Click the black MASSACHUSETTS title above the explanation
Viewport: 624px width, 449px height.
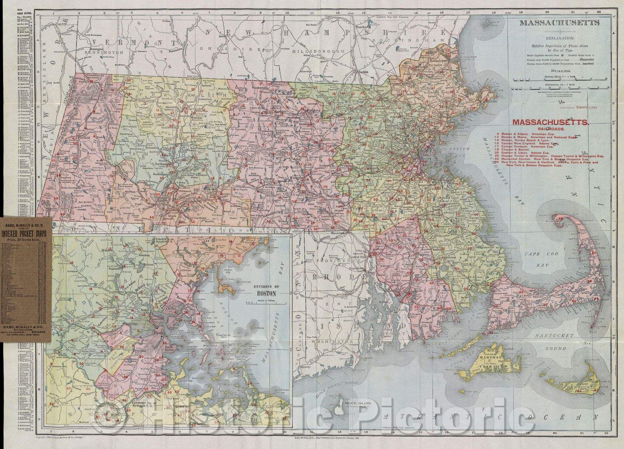(558, 23)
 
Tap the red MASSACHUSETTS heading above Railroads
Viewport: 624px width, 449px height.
(550, 122)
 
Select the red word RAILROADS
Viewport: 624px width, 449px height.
(550, 128)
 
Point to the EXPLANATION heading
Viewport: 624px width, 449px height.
(560, 39)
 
